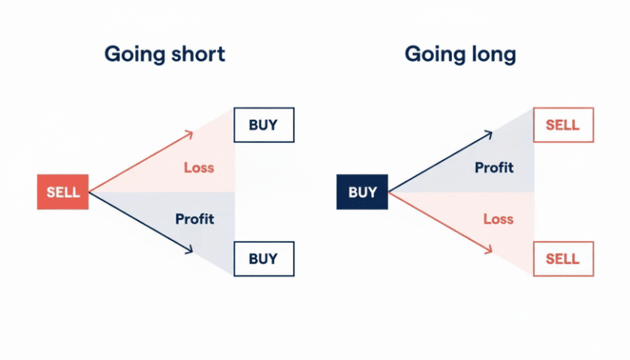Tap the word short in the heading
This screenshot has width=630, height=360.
pos(198,54)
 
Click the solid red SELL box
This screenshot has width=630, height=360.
pos(63,193)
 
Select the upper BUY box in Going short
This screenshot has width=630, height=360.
pos(263,125)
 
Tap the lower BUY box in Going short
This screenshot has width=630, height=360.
pos(263,259)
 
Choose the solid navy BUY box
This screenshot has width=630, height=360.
pos(363,193)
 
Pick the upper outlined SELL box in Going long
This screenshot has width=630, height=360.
pos(563,125)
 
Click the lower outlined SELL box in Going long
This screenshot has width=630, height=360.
pos(563,259)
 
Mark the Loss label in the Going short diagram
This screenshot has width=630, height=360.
pos(199,168)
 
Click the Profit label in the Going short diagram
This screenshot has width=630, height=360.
pos(194,219)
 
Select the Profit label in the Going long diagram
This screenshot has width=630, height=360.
pos(494,168)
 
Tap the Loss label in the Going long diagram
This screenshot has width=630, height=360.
pos(498,219)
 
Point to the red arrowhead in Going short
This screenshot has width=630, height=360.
pos(188,134)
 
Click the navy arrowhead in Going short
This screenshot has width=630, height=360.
pos(188,250)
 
